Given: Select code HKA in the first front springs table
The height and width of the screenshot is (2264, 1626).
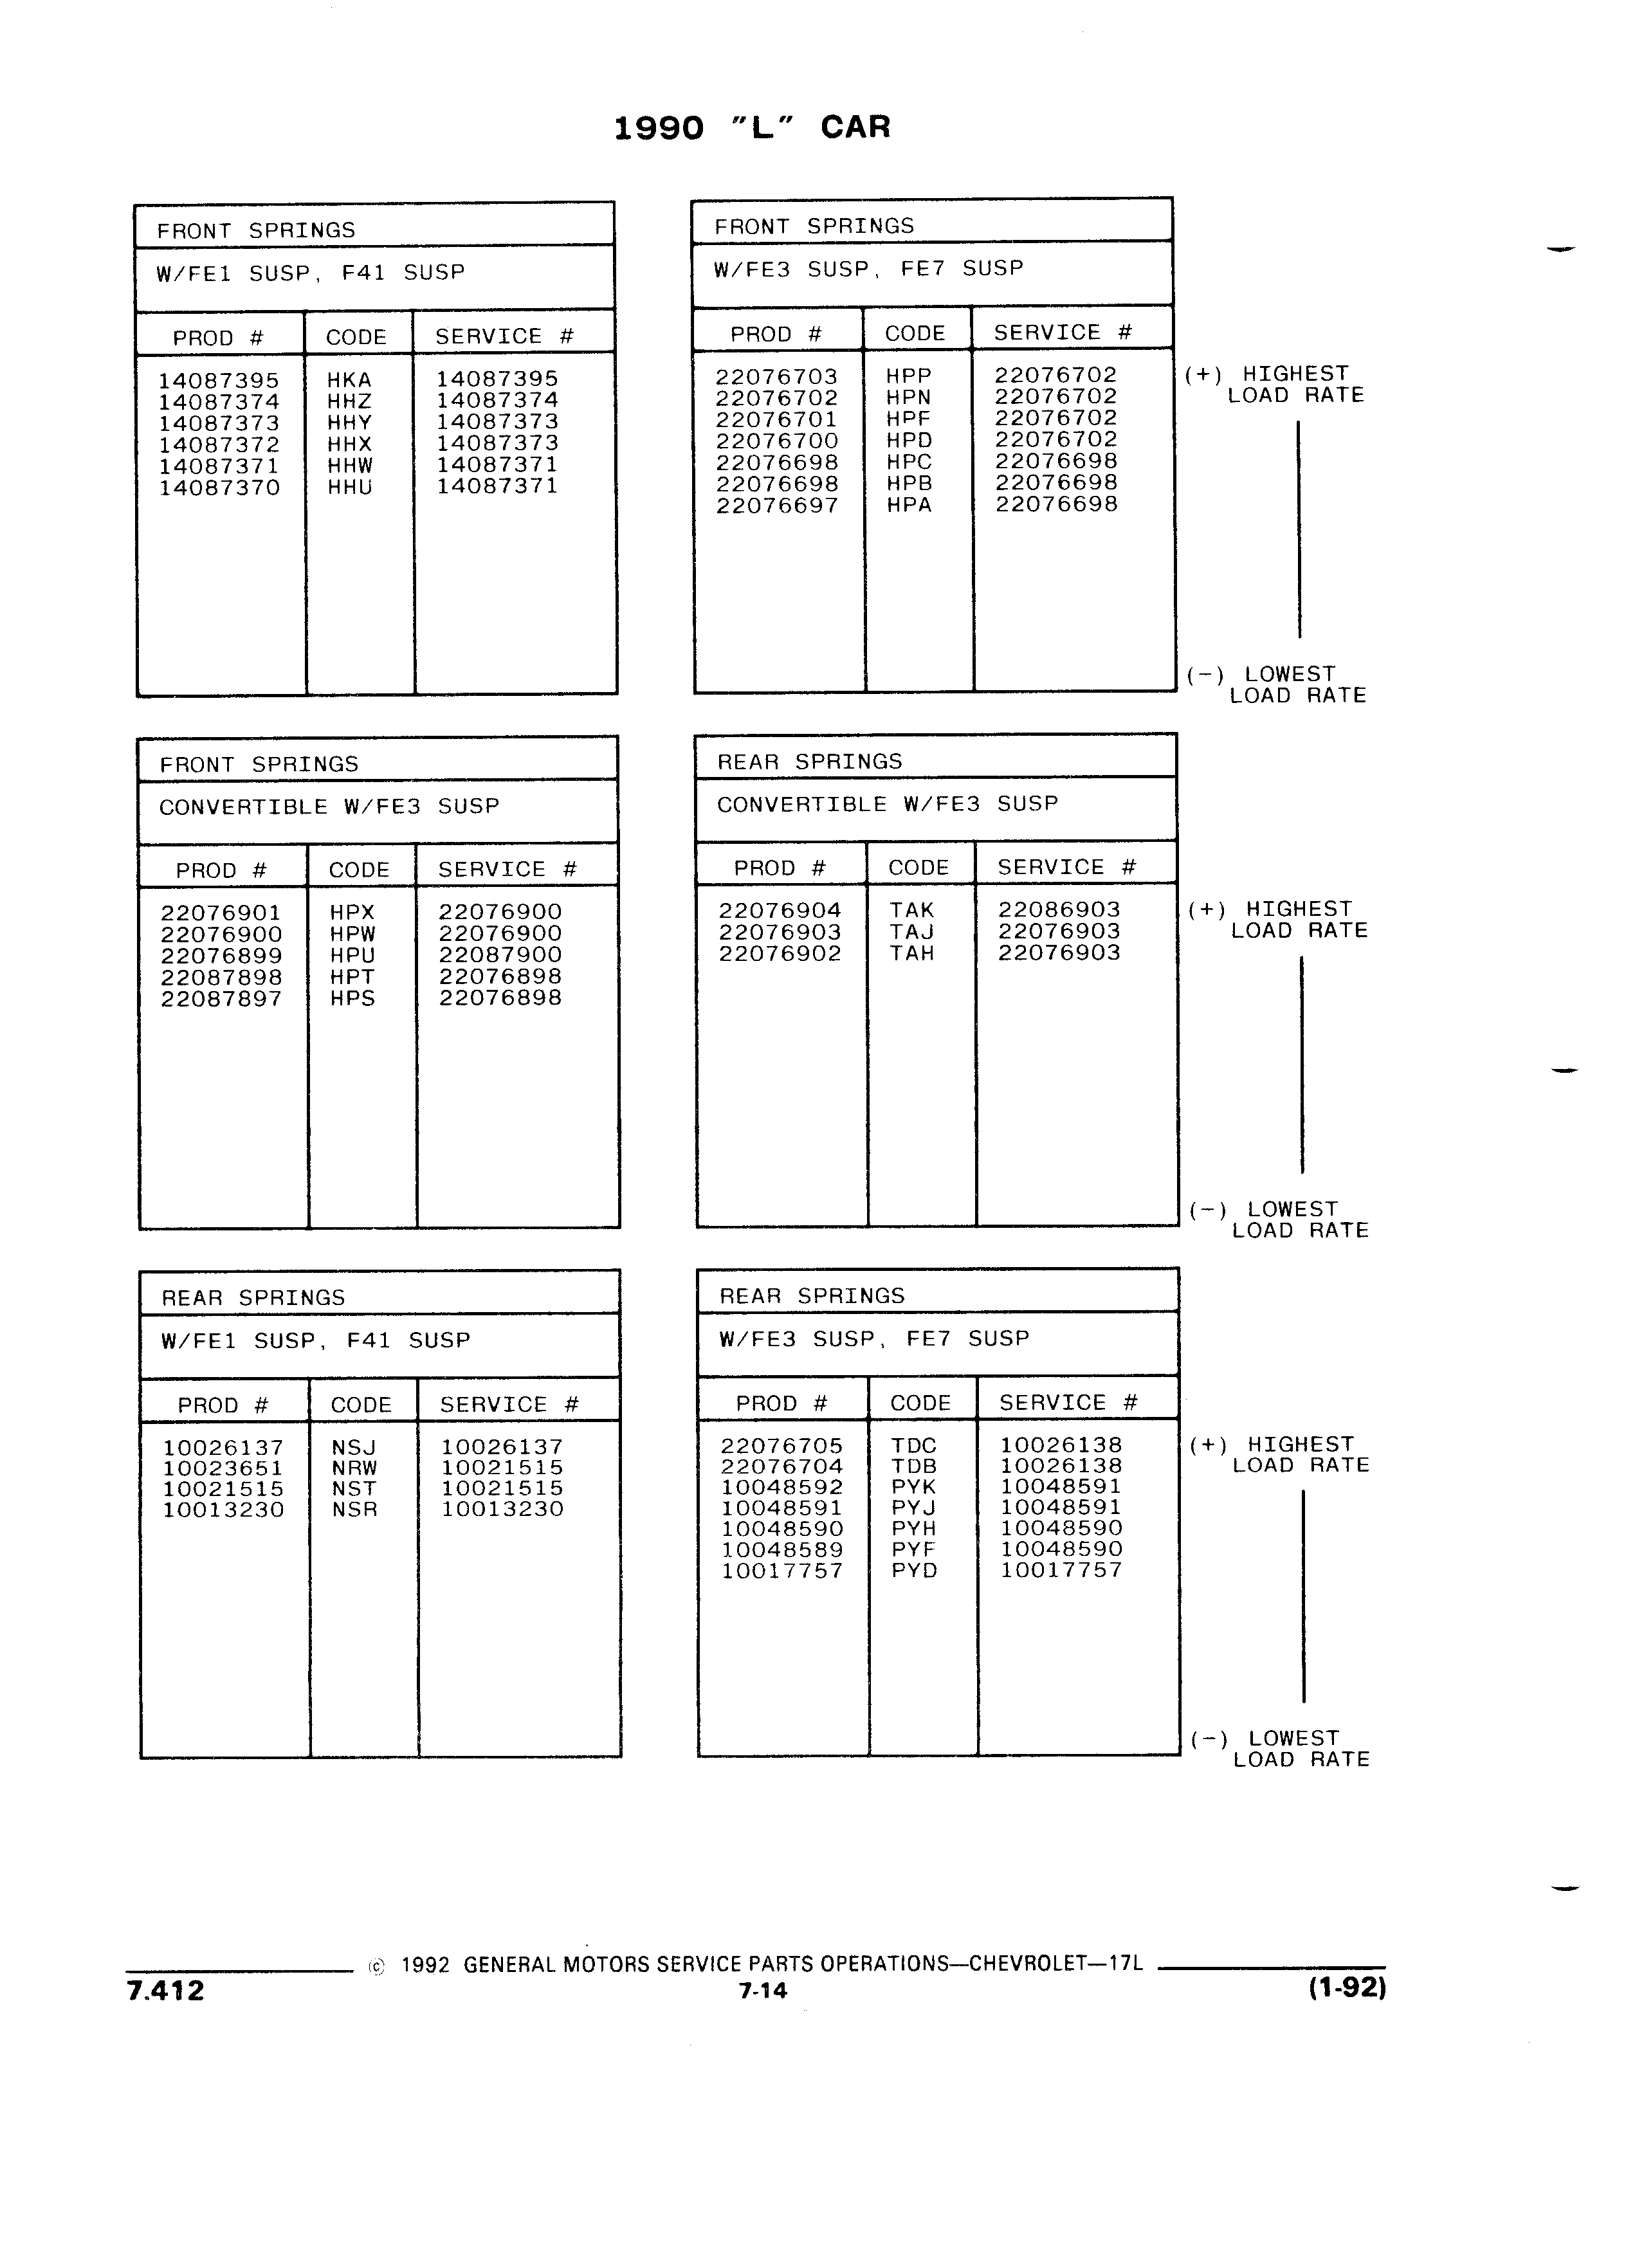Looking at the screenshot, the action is click(349, 380).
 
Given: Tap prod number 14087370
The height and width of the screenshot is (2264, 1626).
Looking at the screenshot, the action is click(219, 488).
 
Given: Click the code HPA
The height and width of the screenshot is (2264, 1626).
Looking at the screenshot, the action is click(908, 505).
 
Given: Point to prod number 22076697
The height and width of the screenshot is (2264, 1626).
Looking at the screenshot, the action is click(776, 506).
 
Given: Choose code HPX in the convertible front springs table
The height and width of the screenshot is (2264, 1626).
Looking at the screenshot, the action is click(352, 913).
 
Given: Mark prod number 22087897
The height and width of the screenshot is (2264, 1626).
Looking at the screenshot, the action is click(222, 1000).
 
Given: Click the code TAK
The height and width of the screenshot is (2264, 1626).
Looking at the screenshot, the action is click(912, 910).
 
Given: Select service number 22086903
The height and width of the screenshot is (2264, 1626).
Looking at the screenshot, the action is click(1059, 909).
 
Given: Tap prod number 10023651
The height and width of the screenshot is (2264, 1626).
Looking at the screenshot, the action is click(224, 1468).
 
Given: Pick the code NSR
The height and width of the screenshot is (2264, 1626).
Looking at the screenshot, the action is click(354, 1510).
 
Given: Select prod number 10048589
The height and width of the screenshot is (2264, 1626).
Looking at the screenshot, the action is click(781, 1550).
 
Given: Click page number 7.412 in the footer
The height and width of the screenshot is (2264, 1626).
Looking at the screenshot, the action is click(166, 1991).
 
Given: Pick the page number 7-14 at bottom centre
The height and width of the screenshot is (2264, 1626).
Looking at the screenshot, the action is click(763, 1991).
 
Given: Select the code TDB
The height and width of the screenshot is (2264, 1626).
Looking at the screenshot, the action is click(915, 1466).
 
